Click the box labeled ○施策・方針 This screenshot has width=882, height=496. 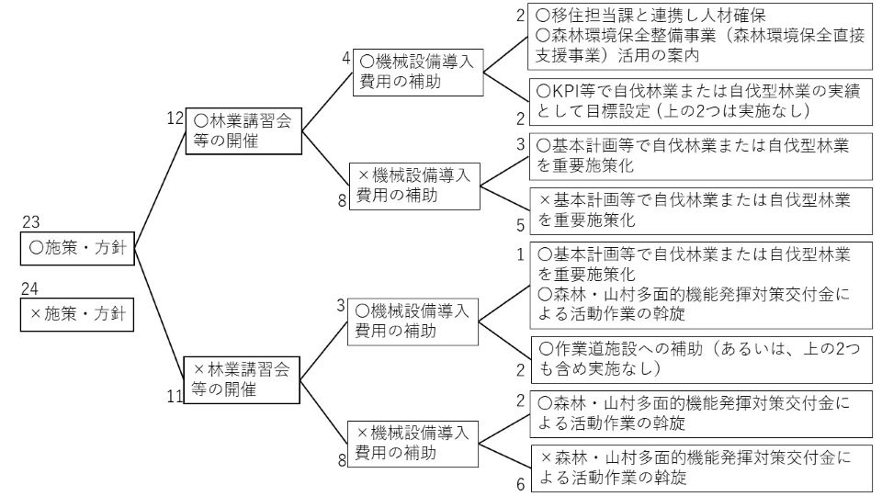coord(78,247)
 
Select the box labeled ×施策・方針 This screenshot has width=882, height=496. coord(78,314)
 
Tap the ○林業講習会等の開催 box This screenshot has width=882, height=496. coord(243,130)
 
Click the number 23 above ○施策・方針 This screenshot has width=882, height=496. coord(30,221)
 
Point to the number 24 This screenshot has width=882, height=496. coord(30,288)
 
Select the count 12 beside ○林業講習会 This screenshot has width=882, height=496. coord(175,118)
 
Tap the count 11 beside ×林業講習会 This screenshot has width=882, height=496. coord(175,397)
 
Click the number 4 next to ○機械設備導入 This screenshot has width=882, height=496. coord(346,57)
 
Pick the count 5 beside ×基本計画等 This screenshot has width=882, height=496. coord(520,223)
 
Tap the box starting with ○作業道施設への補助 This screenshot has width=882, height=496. coord(700,358)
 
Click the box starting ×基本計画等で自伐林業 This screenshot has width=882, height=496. coord(700,209)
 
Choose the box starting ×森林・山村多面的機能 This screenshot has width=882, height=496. coord(700,467)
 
